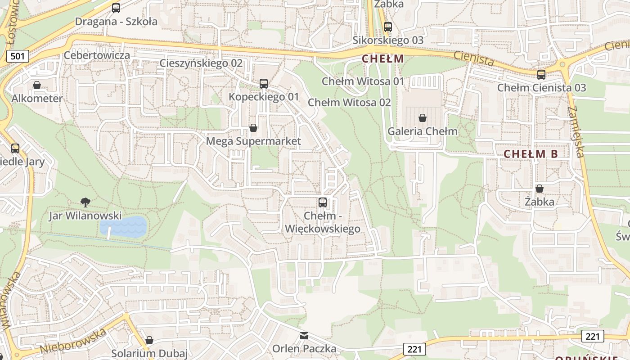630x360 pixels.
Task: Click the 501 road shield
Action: click(18, 56)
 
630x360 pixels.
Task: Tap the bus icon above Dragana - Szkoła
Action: click(116, 8)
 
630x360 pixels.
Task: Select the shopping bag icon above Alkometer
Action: click(37, 85)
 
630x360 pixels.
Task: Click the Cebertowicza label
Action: click(97, 55)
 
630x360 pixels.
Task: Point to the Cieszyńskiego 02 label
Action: click(201, 63)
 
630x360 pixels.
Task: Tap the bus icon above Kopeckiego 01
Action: click(264, 84)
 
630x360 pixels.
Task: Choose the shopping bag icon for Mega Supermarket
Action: click(253, 128)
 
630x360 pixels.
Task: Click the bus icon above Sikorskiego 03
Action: click(388, 27)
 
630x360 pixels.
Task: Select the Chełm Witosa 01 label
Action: click(363, 81)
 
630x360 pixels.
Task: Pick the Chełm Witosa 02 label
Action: click(349, 103)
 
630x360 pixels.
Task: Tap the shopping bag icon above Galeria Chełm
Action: click(423, 118)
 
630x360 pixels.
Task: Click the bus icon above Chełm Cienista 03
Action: click(541, 75)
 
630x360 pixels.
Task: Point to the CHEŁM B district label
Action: click(531, 154)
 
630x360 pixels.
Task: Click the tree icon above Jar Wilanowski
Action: click(85, 202)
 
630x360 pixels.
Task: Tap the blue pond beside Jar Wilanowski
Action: click(124, 227)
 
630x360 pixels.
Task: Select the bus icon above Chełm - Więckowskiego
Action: click(323, 202)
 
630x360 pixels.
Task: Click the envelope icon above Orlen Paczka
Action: click(304, 336)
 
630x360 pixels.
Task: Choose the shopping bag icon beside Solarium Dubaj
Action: click(149, 340)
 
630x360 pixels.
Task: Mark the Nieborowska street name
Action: click(73, 341)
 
